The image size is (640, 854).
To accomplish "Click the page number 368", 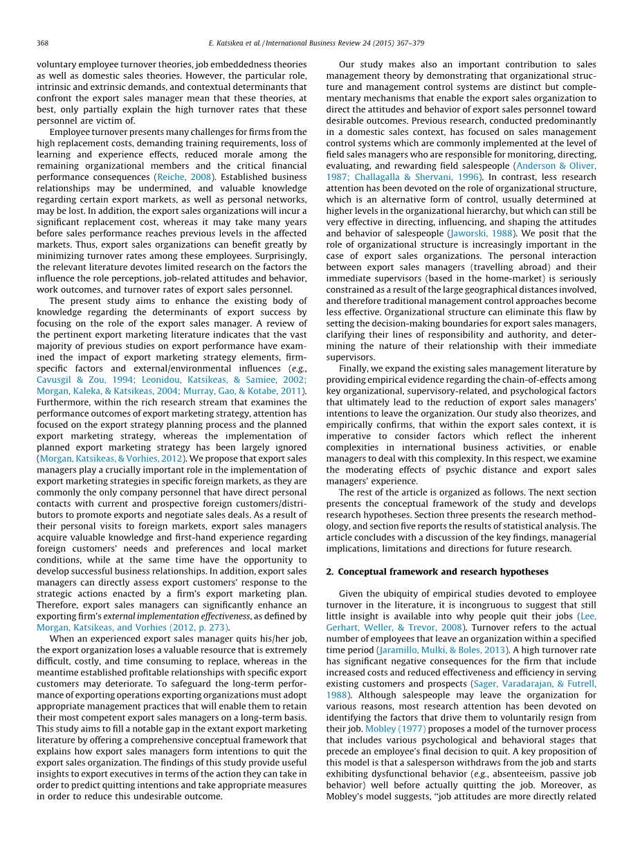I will click(42, 43).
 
